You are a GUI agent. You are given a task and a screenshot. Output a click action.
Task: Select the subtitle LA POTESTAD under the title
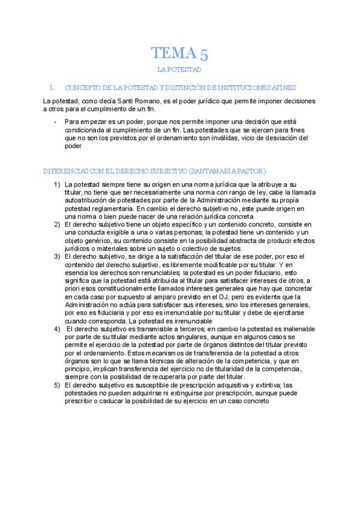[179, 70]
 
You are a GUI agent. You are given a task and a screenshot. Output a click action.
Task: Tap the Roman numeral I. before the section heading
[52, 87]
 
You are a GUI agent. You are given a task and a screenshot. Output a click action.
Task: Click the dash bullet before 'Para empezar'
[55, 121]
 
